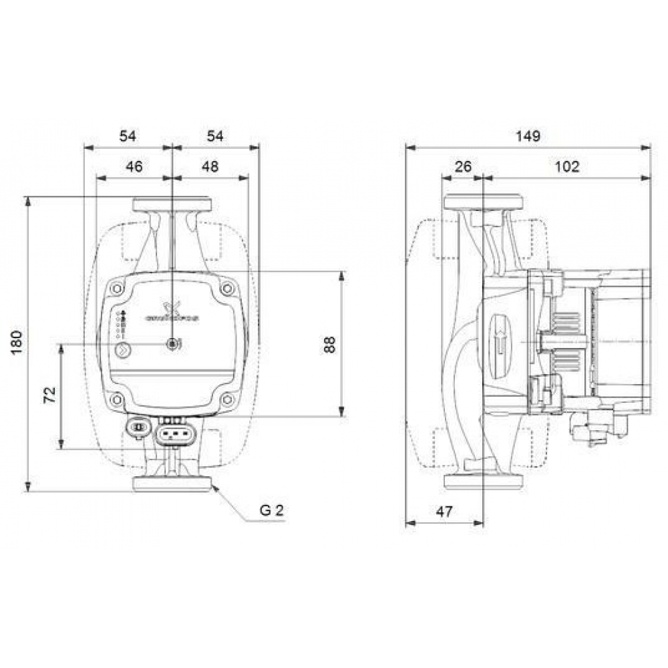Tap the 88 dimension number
coord(329,343)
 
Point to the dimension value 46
coord(134,166)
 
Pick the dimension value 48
coord(210,166)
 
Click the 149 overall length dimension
coord(528,136)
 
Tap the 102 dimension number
coord(567,166)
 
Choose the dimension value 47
coord(444,512)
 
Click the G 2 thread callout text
coord(272,511)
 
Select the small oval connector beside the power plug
coord(138,428)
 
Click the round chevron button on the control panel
coord(122,348)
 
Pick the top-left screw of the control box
coord(118,289)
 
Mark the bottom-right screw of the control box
coord(227,399)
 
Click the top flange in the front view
coord(172,204)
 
